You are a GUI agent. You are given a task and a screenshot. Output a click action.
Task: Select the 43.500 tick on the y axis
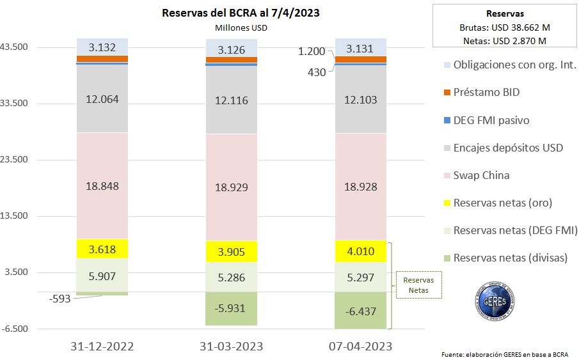[x=17, y=47]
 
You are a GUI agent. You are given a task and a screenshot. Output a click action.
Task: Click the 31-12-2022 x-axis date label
[x=102, y=346]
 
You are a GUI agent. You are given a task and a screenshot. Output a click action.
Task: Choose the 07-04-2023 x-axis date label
[x=360, y=346]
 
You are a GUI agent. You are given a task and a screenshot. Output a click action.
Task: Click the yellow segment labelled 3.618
[x=102, y=249]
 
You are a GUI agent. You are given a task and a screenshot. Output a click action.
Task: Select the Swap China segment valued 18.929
[x=231, y=187]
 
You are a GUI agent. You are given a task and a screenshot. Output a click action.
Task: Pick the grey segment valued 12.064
[x=102, y=99]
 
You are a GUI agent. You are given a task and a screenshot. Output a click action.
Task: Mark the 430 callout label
[x=317, y=72]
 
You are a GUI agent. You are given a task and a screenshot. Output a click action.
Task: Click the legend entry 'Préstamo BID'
[x=486, y=92]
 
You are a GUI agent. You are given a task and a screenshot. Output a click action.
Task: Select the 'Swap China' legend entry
[x=481, y=175]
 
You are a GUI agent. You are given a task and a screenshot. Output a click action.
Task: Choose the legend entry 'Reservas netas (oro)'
[x=502, y=203]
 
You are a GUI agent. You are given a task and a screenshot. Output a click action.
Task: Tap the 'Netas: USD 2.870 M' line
[x=505, y=40]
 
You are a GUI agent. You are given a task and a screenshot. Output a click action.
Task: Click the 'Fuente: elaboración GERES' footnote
[x=504, y=354]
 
